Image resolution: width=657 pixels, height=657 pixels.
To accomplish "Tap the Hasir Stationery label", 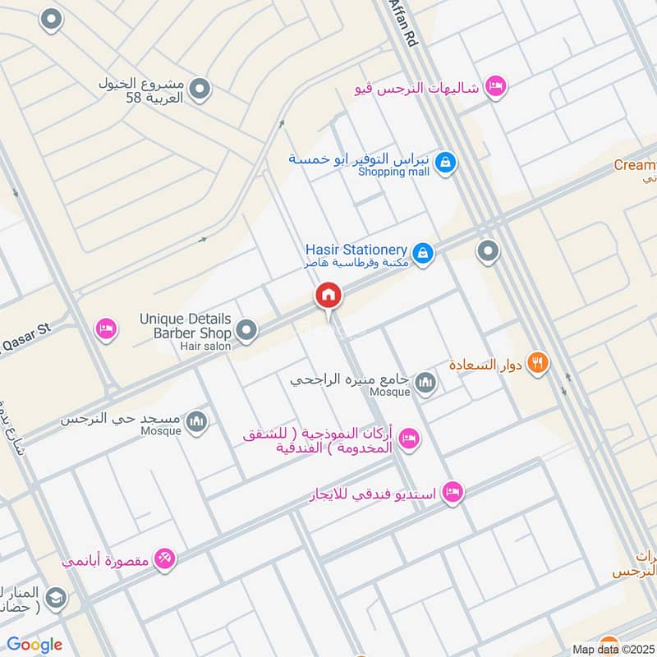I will (356, 250).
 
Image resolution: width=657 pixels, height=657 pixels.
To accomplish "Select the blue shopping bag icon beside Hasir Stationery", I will (422, 253).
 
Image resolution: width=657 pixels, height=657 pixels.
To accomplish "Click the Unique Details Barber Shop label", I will (186, 326).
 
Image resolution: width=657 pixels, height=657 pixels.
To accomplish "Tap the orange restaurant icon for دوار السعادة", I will (538, 362).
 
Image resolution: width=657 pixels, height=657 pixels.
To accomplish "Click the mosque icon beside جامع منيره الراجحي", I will (425, 382).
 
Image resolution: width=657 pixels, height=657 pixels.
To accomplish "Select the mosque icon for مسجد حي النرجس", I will (196, 421).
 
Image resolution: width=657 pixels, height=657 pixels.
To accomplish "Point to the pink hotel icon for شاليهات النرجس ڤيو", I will (495, 86).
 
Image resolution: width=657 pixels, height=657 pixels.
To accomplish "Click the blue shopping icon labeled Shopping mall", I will (445, 162).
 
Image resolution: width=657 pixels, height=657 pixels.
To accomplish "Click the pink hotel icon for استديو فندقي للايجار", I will (452, 493).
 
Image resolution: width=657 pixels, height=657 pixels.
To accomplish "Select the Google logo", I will (34, 645).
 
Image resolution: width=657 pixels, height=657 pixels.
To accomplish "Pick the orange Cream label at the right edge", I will (636, 165).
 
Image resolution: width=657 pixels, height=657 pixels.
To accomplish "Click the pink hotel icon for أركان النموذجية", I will (410, 439).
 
